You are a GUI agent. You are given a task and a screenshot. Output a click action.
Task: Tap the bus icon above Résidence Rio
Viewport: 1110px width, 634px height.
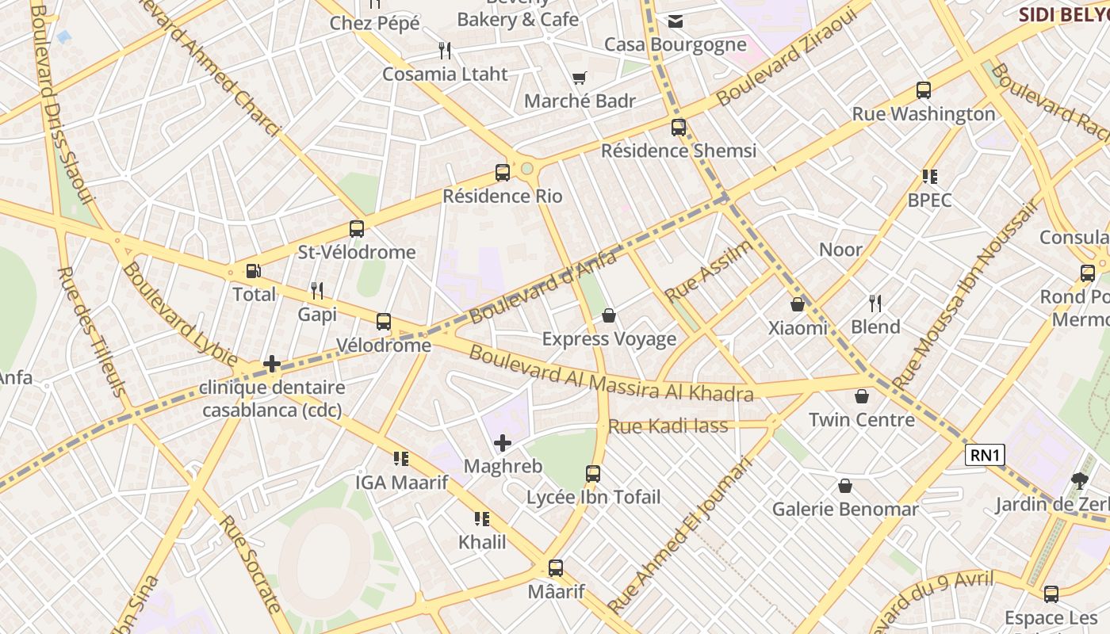coord(502,172)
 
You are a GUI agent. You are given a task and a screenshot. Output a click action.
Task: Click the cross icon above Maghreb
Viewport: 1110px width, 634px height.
coord(503,443)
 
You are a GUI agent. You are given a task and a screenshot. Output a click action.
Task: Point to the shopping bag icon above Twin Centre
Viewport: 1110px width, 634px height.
coord(862,396)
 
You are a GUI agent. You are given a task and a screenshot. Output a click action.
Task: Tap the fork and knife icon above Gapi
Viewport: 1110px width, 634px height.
coord(317,291)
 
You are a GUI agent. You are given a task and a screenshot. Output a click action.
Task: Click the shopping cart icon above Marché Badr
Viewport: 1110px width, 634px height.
coord(580,78)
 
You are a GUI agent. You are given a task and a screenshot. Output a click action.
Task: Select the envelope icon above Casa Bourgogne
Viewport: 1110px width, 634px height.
coord(676,21)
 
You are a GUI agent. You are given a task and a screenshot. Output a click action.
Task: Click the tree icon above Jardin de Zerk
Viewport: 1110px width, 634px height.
coord(1078,480)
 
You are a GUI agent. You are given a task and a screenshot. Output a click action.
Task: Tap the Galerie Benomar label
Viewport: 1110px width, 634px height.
coord(845,509)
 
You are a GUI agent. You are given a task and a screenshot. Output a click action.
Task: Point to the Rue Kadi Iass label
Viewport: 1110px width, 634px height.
coord(668,426)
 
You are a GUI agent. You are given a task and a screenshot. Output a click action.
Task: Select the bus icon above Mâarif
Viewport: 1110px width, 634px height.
coord(556,568)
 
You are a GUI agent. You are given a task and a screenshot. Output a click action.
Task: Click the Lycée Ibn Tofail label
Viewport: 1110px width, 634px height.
coord(593,497)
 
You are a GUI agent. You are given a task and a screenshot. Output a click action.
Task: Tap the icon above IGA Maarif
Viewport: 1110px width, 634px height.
coord(401,459)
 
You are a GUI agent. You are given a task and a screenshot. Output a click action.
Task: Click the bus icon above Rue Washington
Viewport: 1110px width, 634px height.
coord(923,90)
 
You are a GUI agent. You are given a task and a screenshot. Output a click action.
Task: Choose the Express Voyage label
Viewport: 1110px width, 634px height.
coord(609,339)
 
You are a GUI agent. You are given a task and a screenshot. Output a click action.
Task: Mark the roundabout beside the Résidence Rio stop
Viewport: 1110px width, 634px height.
coord(527,168)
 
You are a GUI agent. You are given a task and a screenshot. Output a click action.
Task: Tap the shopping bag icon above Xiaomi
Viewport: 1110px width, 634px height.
coord(798,304)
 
